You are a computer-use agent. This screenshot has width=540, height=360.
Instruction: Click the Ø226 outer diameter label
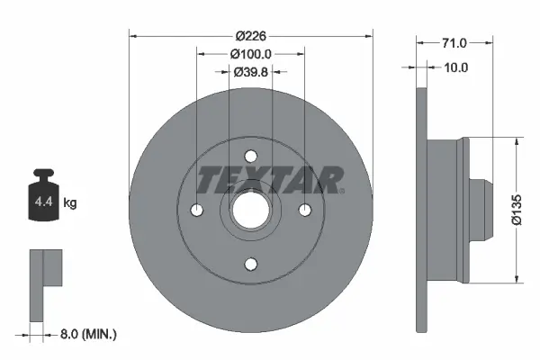pos(252,36)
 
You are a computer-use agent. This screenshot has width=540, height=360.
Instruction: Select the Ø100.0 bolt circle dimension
pos(252,53)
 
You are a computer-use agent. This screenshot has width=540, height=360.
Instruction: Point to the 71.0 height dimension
pos(454,42)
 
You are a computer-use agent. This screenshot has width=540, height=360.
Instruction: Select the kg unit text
pos(71,203)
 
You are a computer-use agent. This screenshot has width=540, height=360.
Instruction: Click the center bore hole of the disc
pos(251,210)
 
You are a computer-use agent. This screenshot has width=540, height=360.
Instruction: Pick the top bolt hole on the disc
pos(251,157)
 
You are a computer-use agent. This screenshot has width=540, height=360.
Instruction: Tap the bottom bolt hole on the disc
pos(251,263)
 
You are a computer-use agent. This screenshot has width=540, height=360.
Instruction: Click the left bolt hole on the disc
pos(198,210)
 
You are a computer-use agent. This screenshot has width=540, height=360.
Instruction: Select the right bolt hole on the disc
pos(304,210)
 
